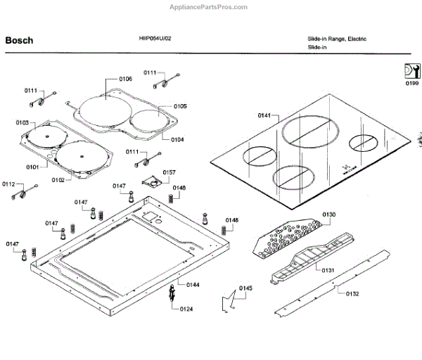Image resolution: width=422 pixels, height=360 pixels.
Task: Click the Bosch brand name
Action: tap(19, 40)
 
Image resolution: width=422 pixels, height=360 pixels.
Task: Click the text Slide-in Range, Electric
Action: tap(336, 39)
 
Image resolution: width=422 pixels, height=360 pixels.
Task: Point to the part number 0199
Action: tap(411, 84)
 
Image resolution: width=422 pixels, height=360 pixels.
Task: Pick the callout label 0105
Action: tap(179, 106)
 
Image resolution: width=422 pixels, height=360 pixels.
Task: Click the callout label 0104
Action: tap(177, 139)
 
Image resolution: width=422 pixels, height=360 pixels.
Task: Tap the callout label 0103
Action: tap(23, 123)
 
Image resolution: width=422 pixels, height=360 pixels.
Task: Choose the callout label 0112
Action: tap(8, 184)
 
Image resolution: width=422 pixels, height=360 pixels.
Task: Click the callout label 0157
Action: tap(170, 172)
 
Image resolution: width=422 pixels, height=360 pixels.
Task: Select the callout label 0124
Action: tap(186, 309)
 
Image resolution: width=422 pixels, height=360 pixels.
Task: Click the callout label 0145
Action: tap(245, 288)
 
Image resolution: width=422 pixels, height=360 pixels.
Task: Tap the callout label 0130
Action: tap(329, 214)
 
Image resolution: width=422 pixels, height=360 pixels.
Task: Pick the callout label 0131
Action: tap(328, 270)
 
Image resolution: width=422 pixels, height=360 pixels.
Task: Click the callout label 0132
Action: tap(352, 293)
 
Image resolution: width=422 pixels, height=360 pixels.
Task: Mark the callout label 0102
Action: tap(58, 180)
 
